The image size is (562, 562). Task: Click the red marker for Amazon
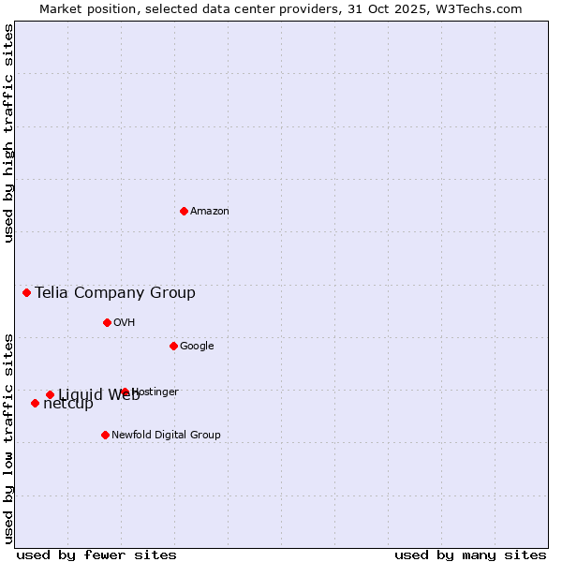click(184, 211)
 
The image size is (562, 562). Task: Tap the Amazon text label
click(210, 212)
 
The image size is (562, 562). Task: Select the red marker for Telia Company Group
click(26, 292)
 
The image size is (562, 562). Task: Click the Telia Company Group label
click(115, 293)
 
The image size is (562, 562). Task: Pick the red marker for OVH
click(107, 322)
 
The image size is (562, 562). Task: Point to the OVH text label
click(125, 323)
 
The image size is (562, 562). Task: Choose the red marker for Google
click(173, 346)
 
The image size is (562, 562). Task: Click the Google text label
click(197, 347)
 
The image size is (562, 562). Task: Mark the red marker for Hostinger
click(125, 392)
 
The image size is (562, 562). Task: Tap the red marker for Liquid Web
click(50, 394)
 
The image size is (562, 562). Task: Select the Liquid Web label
click(98, 395)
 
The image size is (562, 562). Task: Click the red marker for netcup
click(35, 403)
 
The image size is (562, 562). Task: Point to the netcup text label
click(68, 405)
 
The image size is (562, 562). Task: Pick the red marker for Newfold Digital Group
click(105, 435)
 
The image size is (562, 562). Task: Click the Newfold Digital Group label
click(166, 436)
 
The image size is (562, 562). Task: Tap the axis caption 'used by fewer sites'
click(96, 555)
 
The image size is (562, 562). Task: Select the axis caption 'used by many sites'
click(470, 555)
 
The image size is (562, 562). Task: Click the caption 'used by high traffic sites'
click(8, 133)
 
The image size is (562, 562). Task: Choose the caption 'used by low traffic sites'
click(8, 437)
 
